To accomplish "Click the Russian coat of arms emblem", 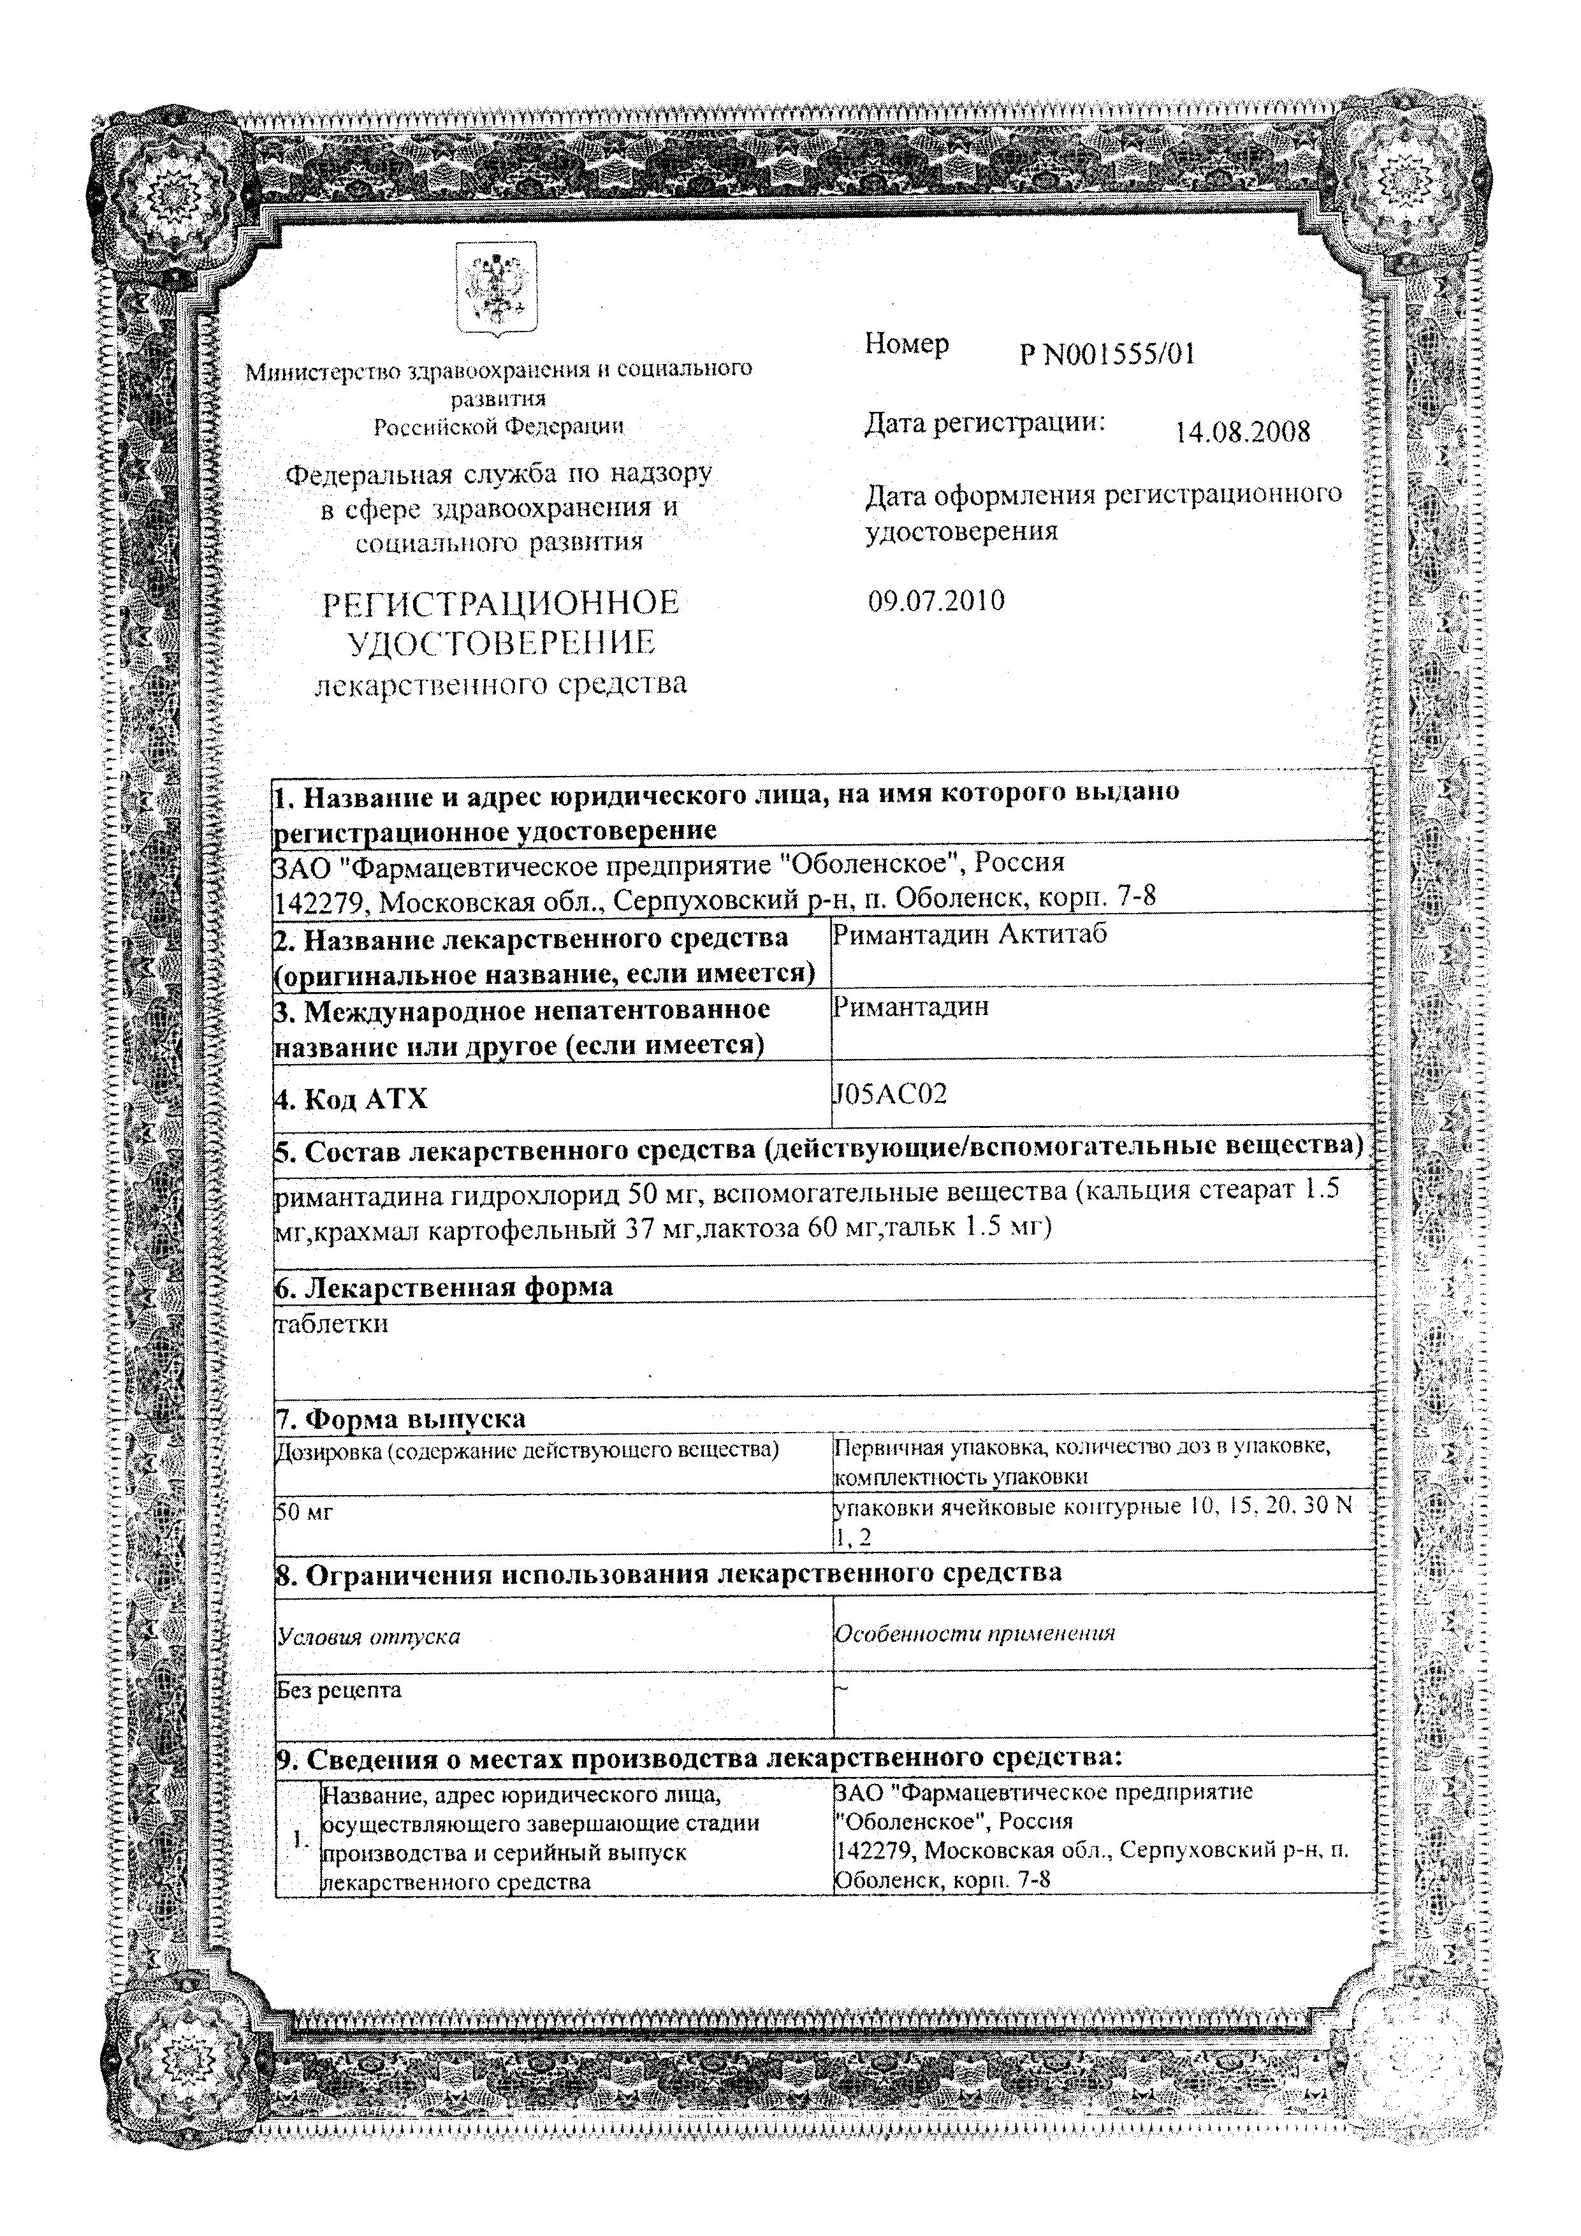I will (x=497, y=289).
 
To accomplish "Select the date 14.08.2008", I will (x=1242, y=432).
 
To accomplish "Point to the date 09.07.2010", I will (x=936, y=601).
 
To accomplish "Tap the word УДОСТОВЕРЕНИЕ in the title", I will (x=500, y=643).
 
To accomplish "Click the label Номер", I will (x=907, y=344).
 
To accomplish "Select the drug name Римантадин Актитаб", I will (x=970, y=934).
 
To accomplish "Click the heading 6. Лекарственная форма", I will (x=444, y=1287).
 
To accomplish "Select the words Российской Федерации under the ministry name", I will (x=499, y=425).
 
